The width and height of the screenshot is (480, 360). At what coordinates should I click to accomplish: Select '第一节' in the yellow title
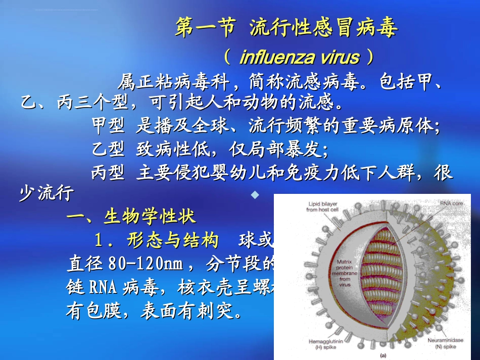(205, 29)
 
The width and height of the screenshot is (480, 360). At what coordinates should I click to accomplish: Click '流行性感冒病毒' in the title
(323, 29)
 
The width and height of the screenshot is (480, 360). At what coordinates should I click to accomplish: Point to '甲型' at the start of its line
(108, 126)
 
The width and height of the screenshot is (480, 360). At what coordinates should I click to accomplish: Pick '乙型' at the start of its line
(108, 149)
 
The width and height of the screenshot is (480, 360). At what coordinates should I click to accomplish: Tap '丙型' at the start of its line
(108, 173)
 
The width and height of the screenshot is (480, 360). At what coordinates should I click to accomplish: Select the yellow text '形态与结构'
(173, 240)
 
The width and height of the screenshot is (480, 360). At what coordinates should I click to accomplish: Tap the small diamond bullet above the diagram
(255, 194)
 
